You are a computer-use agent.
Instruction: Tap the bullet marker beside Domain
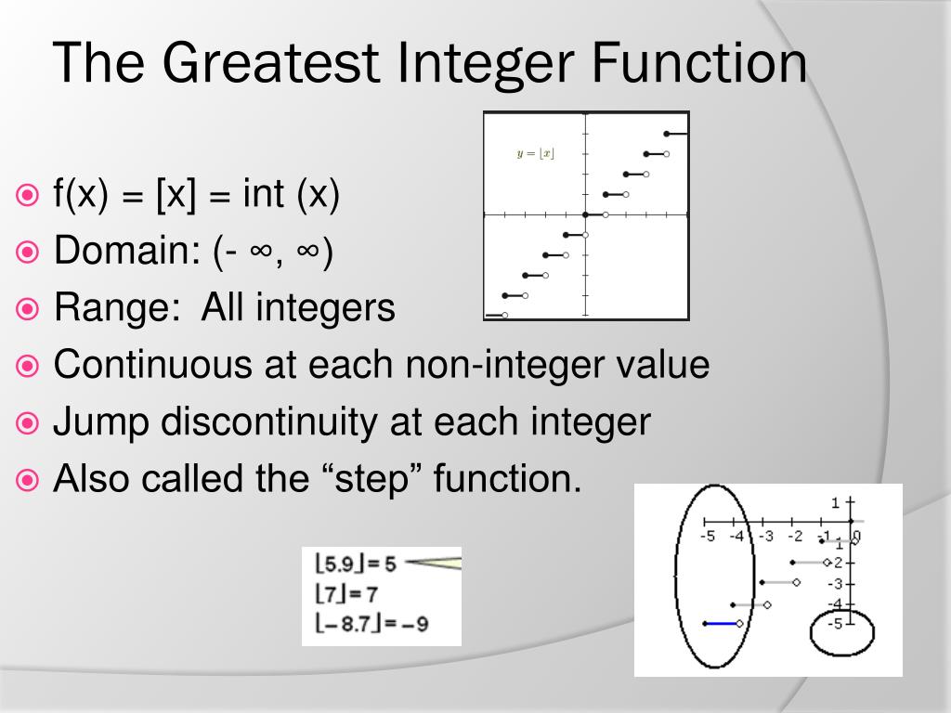point(28,252)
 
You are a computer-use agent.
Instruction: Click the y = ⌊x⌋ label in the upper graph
point(536,153)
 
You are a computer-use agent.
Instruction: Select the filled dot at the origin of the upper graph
point(585,214)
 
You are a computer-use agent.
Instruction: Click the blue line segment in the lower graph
point(720,624)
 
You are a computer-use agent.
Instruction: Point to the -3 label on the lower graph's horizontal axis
point(765,536)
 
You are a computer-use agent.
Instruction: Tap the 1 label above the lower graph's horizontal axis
point(835,503)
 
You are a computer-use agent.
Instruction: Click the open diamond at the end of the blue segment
point(739,624)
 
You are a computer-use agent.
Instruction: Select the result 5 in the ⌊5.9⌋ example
point(389,564)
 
